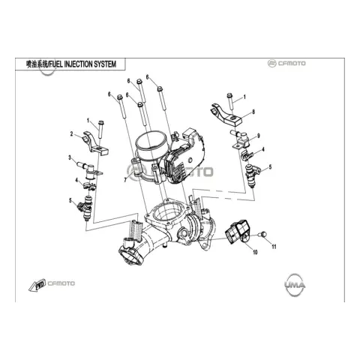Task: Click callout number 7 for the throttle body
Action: (125, 179)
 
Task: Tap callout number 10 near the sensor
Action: (255, 252)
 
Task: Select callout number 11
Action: (274, 247)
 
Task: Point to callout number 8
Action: (253, 112)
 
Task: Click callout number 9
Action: (259, 136)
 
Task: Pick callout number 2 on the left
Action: (71, 134)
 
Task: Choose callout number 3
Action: (70, 157)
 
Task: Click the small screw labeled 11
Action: (263, 234)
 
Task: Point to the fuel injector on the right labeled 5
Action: (253, 175)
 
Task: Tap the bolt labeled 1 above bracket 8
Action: (230, 101)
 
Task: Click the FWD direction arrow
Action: (37, 285)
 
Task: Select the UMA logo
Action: (295, 285)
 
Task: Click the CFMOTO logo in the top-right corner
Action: (286, 63)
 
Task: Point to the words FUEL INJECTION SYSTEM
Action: (82, 64)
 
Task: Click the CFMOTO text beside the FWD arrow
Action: (61, 283)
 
